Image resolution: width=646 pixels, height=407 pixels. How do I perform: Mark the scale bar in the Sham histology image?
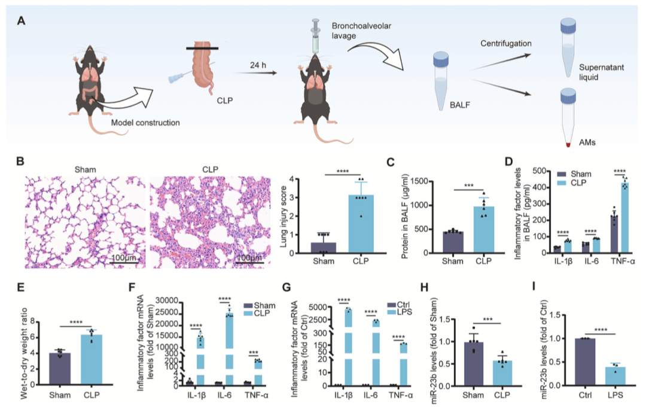click(124, 262)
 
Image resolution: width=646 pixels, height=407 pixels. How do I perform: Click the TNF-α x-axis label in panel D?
click(623, 263)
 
